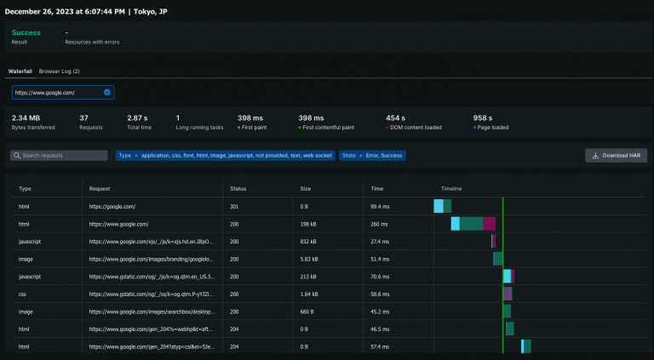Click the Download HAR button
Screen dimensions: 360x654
pyautogui.click(x=616, y=156)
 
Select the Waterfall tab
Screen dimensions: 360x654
pyautogui.click(x=20, y=71)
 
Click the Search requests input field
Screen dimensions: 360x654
pyautogui.click(x=59, y=156)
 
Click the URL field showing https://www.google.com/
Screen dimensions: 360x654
pyautogui.click(x=62, y=92)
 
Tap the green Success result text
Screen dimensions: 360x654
pyautogui.click(x=26, y=32)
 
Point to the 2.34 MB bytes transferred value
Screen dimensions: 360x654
pyautogui.click(x=27, y=117)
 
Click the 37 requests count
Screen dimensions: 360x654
pyautogui.click(x=84, y=117)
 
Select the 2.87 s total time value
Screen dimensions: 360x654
pyautogui.click(x=138, y=117)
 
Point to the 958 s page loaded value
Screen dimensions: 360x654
pyautogui.click(x=483, y=117)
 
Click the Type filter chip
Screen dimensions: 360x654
pyautogui.click(x=224, y=156)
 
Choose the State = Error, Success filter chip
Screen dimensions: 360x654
pyautogui.click(x=372, y=156)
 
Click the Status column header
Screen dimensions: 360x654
pyautogui.click(x=238, y=188)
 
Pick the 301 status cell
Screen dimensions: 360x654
pyautogui.click(x=236, y=206)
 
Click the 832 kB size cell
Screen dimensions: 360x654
pyautogui.click(x=309, y=242)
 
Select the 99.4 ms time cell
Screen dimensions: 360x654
pyautogui.click(x=380, y=206)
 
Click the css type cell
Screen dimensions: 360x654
pyautogui.click(x=23, y=294)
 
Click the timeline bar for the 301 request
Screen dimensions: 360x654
pyautogui.click(x=442, y=206)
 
